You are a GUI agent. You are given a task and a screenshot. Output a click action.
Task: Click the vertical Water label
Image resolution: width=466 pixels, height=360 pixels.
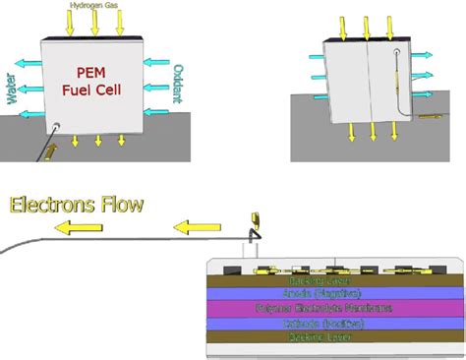13,87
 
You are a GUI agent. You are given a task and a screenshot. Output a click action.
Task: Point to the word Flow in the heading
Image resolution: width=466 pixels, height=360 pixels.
120,205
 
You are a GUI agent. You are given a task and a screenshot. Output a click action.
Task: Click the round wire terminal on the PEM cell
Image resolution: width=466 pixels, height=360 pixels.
58,126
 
